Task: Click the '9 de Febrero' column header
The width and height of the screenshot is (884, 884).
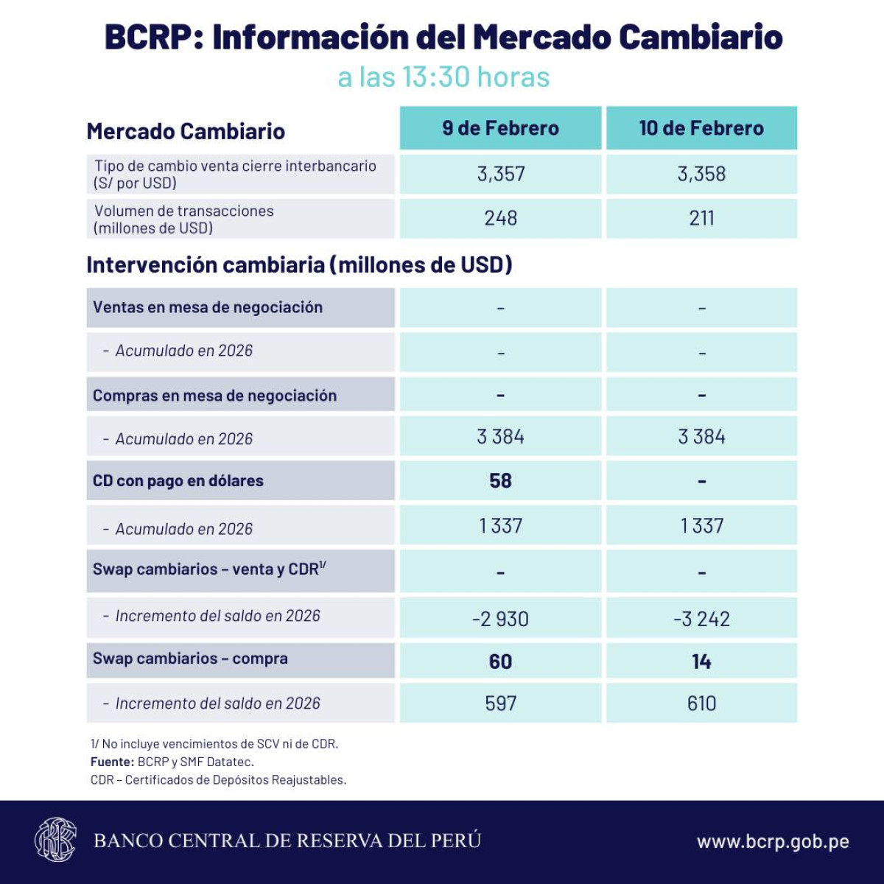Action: [x=500, y=128]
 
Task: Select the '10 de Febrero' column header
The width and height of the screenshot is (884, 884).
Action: [x=701, y=128]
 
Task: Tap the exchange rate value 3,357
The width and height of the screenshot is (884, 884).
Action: [x=501, y=174]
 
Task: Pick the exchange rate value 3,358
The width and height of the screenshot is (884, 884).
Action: [x=701, y=174]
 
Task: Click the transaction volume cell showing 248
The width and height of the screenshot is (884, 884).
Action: [x=501, y=218]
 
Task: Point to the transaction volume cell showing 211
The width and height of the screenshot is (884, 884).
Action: [x=701, y=218]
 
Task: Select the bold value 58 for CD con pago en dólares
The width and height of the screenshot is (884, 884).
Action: [x=500, y=481]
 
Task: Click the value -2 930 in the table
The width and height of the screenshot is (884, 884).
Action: [x=500, y=619]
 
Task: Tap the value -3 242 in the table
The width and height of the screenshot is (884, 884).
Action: [x=701, y=619]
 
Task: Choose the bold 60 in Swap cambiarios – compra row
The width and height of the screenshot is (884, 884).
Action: [x=500, y=662]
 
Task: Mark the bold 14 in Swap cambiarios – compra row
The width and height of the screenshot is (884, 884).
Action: [x=701, y=662]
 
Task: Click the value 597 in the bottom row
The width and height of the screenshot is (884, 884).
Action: [x=501, y=704]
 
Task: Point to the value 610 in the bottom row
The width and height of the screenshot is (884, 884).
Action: [x=701, y=704]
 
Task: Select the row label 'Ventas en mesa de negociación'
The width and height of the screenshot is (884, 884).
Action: [x=208, y=307]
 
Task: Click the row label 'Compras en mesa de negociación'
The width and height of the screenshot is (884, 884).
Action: [x=214, y=396]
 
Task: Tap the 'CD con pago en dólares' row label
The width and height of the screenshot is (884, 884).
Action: [x=178, y=481]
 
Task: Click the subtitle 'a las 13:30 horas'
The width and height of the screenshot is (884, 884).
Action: [x=443, y=77]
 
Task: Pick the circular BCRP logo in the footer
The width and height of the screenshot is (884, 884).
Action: [x=55, y=840]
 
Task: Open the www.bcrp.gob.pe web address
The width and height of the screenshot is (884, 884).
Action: [x=773, y=841]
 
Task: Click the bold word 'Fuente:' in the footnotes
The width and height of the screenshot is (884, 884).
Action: [x=112, y=762]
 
